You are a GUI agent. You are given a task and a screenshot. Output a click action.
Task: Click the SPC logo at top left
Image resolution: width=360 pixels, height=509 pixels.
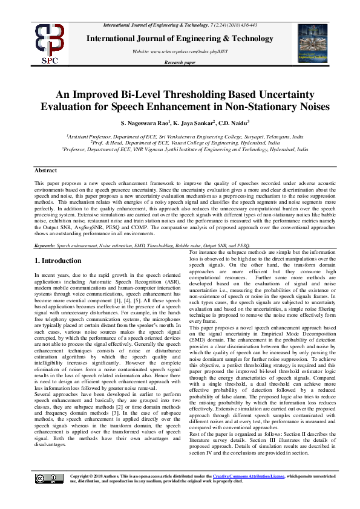pos(50,43)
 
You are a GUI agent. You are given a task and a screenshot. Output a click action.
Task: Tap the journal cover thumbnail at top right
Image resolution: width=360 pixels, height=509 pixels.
pos(311,44)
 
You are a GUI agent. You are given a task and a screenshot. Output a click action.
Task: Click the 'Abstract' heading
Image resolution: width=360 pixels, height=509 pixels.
pos(45,170)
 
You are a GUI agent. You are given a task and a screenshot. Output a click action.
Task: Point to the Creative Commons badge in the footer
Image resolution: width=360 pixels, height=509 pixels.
pos(48,478)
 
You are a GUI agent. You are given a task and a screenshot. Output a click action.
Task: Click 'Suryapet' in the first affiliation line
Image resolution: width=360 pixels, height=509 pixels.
pos(250,137)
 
